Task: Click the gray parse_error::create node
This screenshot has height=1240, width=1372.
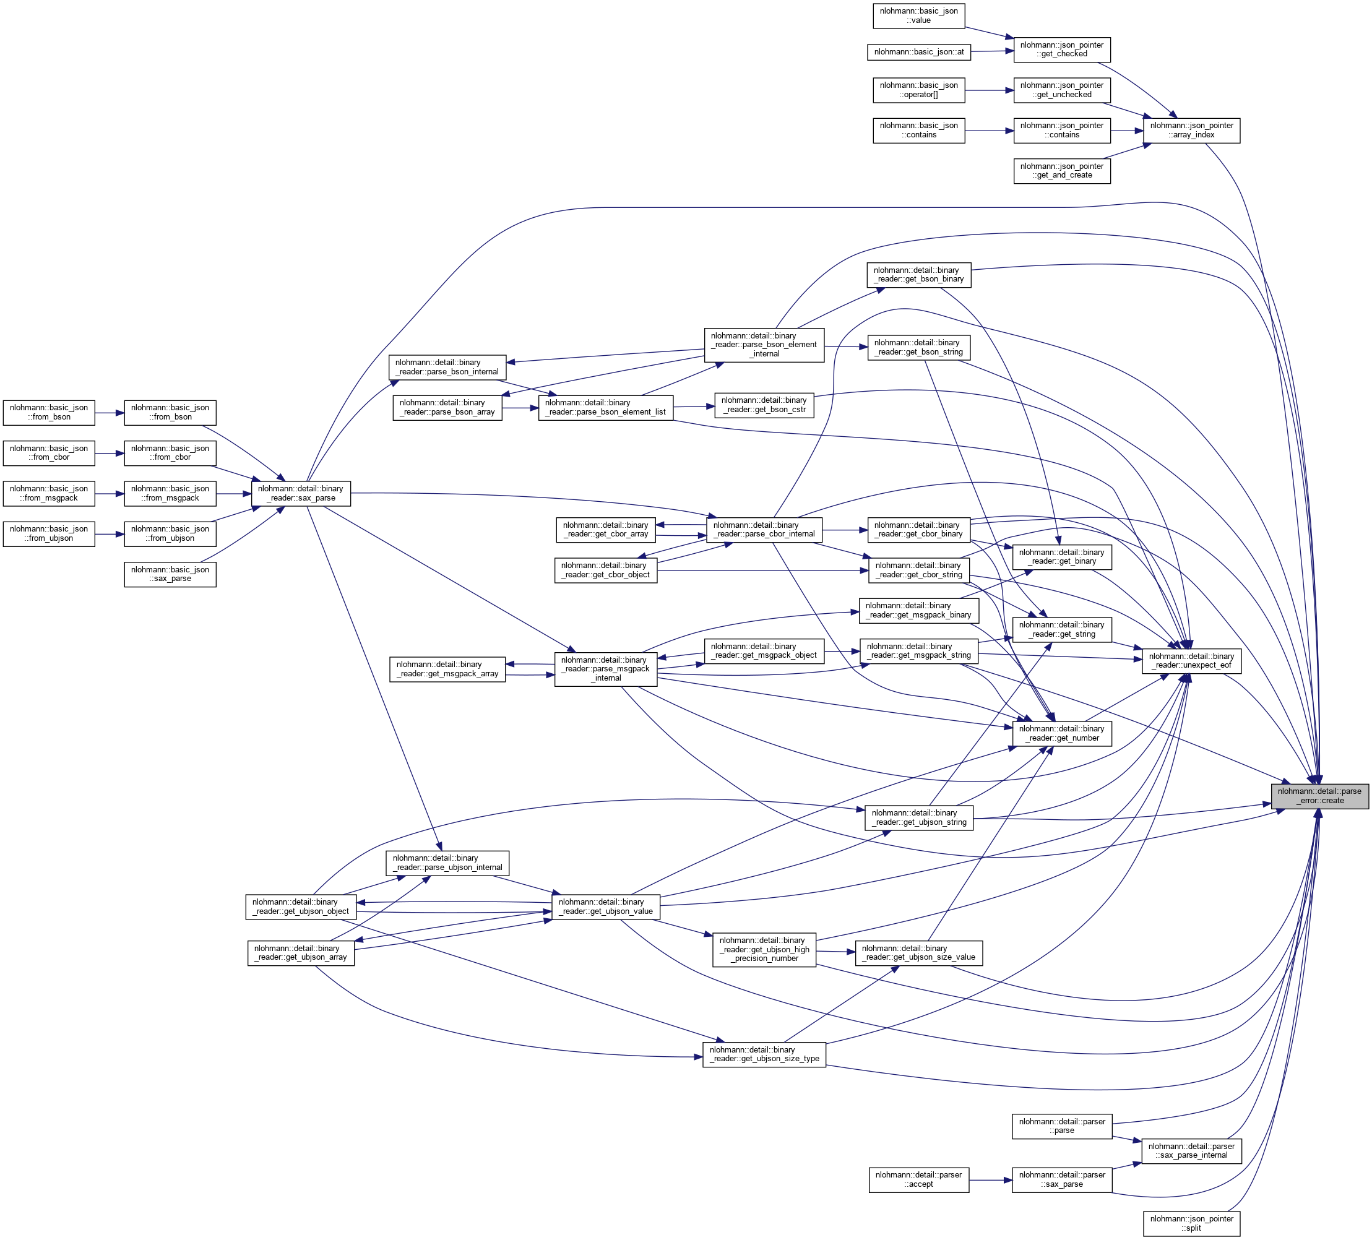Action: (1319, 796)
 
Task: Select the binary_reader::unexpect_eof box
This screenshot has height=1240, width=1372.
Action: (1191, 661)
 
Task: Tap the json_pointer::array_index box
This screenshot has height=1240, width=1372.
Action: (1191, 130)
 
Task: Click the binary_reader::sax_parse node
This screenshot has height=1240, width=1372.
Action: (301, 493)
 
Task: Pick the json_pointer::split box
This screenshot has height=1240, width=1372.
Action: (1191, 1223)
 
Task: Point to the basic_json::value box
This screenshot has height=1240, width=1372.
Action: (919, 15)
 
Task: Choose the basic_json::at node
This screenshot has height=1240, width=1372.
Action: (919, 52)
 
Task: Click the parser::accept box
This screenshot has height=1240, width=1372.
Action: (919, 1179)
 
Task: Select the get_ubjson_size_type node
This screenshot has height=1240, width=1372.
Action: (764, 1054)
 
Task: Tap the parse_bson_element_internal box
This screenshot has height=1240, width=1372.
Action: (764, 345)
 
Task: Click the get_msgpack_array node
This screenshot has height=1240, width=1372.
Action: (447, 669)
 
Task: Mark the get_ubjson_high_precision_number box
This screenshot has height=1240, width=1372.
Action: (764, 949)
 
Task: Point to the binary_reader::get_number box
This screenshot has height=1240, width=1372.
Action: (1062, 734)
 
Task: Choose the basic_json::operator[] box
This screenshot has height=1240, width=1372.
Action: (919, 90)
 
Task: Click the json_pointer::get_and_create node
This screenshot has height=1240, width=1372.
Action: (1062, 171)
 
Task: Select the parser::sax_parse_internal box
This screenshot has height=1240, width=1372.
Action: (1191, 1151)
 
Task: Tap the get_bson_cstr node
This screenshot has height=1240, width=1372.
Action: (764, 405)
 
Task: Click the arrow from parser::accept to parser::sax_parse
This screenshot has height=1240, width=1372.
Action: (990, 1179)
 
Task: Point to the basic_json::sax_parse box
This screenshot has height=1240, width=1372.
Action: (170, 574)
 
